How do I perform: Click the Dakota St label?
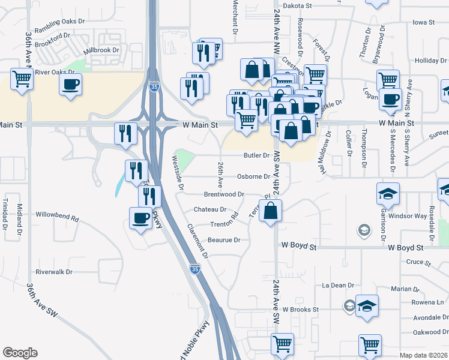pos(299,5)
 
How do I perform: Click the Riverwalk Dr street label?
pos(54,271)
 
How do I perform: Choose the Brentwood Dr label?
pos(224,194)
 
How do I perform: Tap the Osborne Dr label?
pos(253,176)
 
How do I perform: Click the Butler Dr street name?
pos(256,155)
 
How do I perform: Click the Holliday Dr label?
pos(431,61)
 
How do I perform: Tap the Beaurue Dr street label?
pos(224,240)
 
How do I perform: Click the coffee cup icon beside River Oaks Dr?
pos(71,83)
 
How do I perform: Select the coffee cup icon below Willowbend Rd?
pos(141,217)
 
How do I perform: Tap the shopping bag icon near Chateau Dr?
pos(271,211)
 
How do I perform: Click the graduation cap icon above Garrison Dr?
pos(388,193)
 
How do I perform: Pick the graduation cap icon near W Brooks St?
pos(367,305)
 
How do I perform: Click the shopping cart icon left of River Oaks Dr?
pos(22,79)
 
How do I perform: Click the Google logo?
pos(20,353)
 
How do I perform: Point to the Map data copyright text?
pos(424,355)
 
